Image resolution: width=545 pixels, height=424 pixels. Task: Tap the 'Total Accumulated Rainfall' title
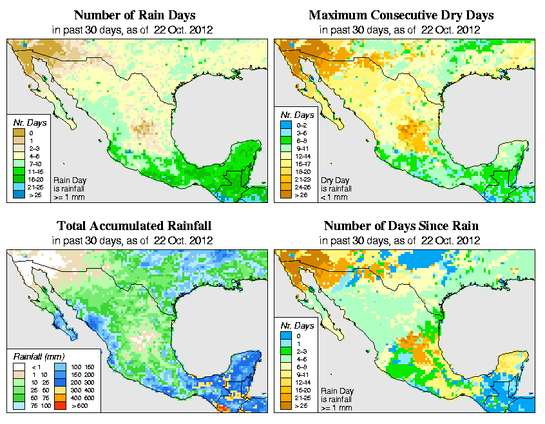point(134,226)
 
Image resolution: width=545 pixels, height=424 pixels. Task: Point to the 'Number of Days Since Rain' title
point(401,226)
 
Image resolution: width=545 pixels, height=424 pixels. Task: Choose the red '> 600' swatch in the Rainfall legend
point(58,407)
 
